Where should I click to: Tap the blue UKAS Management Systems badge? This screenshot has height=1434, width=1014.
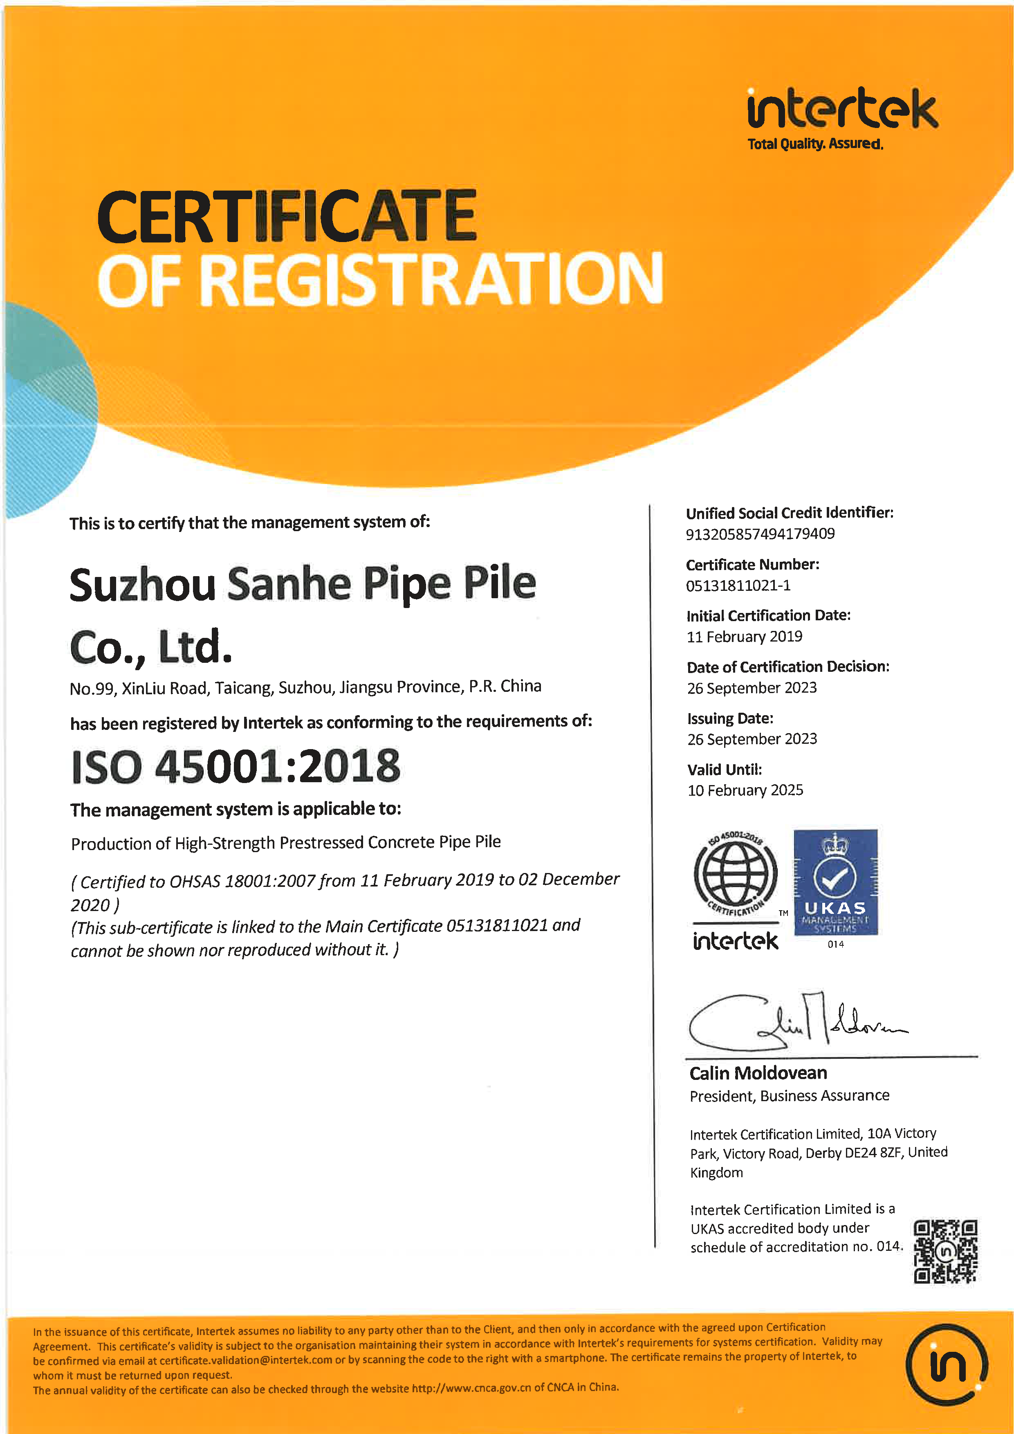pos(835,882)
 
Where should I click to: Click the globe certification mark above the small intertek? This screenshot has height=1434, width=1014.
pos(736,874)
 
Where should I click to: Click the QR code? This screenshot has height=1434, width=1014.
pos(945,1251)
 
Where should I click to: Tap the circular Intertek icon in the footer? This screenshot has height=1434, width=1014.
pos(947,1364)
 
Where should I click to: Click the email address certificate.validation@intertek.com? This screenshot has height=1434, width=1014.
pos(246,1360)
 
